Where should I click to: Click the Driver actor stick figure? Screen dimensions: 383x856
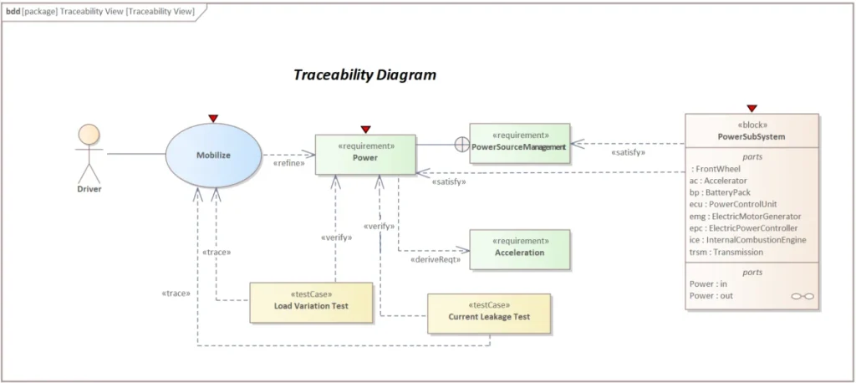[88, 154]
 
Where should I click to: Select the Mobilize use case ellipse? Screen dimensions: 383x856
[213, 155]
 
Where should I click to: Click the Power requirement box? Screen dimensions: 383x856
[365, 155]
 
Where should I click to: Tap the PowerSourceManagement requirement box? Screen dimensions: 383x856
[519, 143]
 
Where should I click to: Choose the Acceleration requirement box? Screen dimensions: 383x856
[519, 249]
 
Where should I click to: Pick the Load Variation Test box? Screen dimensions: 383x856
[311, 302]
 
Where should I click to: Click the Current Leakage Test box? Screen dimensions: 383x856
[489, 313]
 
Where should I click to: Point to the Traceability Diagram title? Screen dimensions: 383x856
[364, 74]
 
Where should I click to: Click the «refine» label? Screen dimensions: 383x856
[288, 163]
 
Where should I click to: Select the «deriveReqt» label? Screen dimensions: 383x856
[432, 260]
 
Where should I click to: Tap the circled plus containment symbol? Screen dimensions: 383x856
[461, 145]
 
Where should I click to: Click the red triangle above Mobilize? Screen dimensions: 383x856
[213, 119]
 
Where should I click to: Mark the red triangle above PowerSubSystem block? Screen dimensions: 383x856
[752, 108]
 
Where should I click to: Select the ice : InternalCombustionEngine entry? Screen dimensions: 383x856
[747, 240]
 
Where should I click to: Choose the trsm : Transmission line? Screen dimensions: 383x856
[726, 252]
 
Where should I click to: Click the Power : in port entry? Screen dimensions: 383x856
[708, 284]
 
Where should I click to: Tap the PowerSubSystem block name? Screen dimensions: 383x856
[751, 136]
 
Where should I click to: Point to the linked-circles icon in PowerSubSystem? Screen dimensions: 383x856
[802, 297]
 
